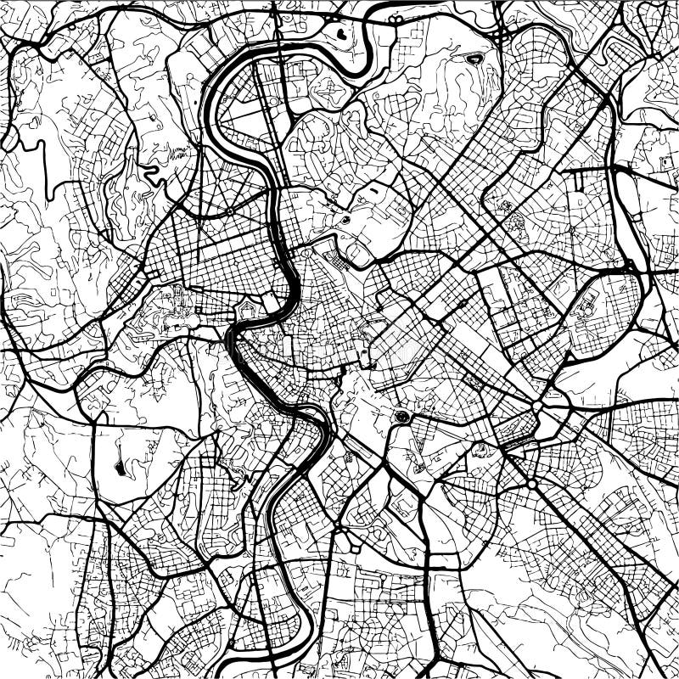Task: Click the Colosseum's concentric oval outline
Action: pos(401,417)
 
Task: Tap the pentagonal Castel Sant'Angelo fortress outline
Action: pos(246,310)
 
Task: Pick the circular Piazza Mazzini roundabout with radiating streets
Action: pos(228,210)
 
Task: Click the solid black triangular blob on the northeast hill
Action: pos(473,59)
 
